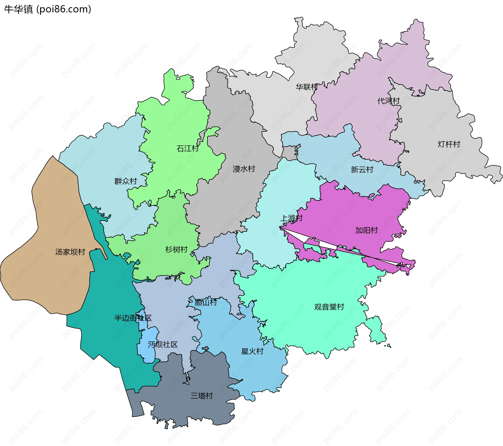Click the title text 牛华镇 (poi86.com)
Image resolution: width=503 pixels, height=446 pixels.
click(x=47, y=9)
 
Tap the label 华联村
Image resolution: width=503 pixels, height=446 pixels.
click(x=307, y=87)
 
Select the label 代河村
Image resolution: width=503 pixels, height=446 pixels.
click(x=388, y=101)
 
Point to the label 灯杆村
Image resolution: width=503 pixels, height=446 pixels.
click(x=449, y=144)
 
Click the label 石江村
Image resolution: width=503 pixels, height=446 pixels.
click(x=188, y=149)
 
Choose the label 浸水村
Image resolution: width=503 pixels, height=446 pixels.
click(x=244, y=169)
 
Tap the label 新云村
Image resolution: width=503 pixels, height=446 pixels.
click(x=362, y=170)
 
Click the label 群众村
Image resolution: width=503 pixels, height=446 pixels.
click(x=125, y=181)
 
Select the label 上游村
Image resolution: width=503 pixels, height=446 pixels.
click(x=291, y=218)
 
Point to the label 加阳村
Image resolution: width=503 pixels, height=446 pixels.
click(x=366, y=230)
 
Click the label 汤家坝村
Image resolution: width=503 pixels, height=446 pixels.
click(x=70, y=252)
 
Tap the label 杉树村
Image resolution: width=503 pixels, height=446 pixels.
click(x=176, y=249)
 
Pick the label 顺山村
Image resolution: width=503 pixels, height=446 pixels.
click(x=206, y=303)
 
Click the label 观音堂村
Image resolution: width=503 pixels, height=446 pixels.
click(x=329, y=307)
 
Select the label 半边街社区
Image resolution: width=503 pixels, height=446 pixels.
click(x=133, y=318)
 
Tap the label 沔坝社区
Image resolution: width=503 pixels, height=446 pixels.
click(x=162, y=344)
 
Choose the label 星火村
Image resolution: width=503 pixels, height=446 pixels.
click(x=252, y=351)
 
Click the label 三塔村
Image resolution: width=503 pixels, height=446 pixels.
click(x=201, y=396)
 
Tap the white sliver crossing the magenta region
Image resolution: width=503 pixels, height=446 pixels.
click(x=327, y=245)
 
